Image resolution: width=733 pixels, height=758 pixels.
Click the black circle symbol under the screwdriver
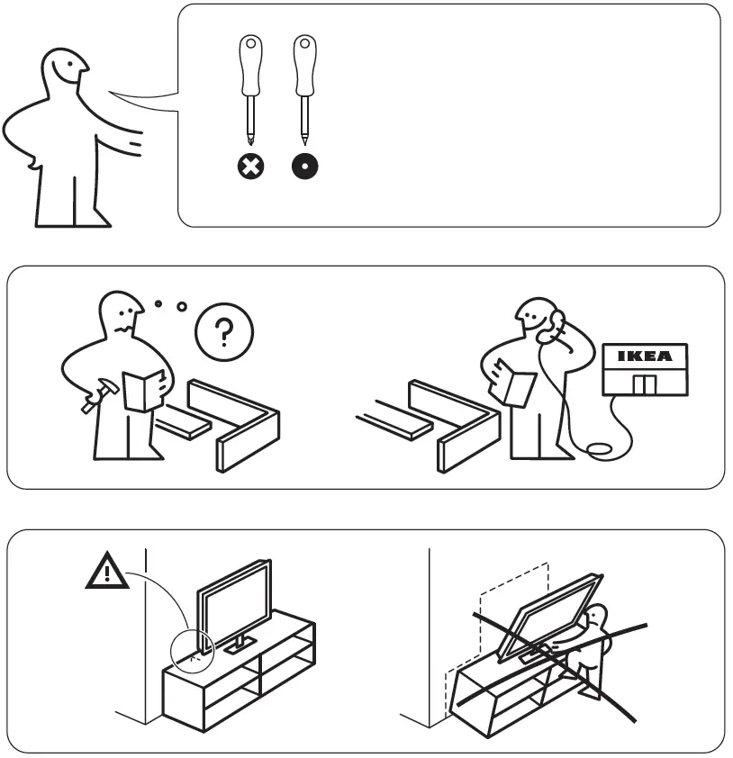coord(306,166)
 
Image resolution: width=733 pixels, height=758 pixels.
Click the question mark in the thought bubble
coord(224,331)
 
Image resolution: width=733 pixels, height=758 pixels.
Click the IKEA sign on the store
coord(644,356)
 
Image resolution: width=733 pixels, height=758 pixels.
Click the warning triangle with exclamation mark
coord(107,573)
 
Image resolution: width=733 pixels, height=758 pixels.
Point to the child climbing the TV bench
coord(590,648)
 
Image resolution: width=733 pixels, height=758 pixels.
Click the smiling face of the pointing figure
coord(67,68)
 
